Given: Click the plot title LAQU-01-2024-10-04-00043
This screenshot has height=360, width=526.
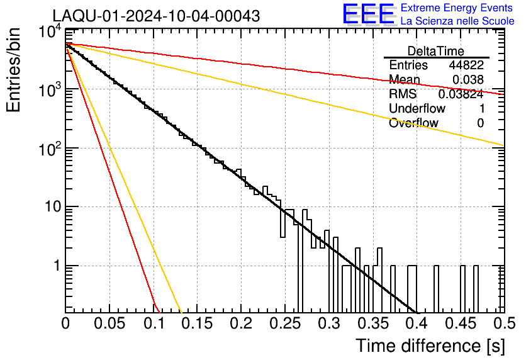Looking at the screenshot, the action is [x=156, y=16].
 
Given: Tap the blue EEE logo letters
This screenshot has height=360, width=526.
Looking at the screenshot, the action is [x=368, y=14].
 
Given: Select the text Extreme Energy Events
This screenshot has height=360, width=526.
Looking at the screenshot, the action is [x=457, y=8].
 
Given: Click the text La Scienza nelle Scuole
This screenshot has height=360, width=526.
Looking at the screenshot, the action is [x=457, y=21].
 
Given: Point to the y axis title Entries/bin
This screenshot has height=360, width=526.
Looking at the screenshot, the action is [x=13, y=70].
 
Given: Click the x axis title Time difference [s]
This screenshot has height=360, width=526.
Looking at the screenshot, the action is [x=430, y=346].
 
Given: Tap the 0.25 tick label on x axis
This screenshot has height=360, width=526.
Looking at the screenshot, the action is [x=285, y=323].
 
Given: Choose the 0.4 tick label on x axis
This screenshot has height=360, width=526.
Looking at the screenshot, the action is [x=417, y=323].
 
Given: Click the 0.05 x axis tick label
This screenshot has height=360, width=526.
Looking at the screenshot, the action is [x=109, y=323].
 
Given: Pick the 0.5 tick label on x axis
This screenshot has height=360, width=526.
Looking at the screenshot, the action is [x=505, y=323].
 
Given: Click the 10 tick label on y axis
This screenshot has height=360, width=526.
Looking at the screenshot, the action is [x=53, y=206].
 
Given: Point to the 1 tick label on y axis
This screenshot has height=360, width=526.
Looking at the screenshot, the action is [x=58, y=266].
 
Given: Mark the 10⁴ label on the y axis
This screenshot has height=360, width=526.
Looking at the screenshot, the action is [x=50, y=32].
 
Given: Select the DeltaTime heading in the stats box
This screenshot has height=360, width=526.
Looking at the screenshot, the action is [x=436, y=52].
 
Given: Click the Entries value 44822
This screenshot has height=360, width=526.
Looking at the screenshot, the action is [x=466, y=65].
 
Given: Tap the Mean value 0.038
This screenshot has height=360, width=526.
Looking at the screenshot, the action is [x=468, y=80].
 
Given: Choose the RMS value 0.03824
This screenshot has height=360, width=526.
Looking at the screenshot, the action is [x=461, y=94].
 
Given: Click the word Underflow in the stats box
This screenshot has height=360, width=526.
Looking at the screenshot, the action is [x=417, y=108].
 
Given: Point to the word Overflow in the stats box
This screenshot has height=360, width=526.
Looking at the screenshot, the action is [x=413, y=123].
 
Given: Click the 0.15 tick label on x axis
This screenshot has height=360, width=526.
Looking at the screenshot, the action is [x=198, y=323].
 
